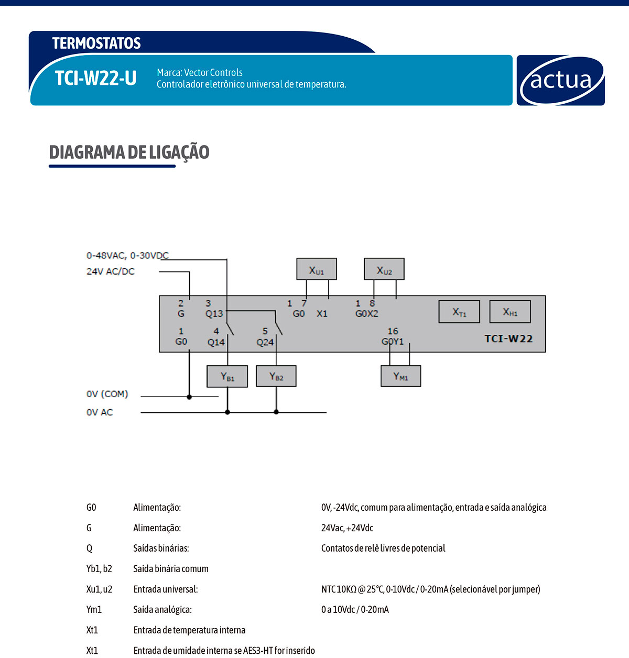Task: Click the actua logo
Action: (560, 80)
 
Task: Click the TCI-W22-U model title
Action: (95, 79)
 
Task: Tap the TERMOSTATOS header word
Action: (96, 43)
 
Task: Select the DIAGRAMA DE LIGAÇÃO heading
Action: (129, 152)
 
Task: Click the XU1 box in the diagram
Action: (317, 269)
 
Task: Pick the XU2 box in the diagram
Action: (384, 269)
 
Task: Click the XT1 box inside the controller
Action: (459, 312)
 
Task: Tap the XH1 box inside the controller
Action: (510, 312)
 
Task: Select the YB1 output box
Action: (227, 377)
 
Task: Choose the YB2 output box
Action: (276, 377)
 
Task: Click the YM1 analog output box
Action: (400, 376)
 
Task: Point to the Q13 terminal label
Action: (214, 314)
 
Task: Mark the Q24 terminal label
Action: (265, 342)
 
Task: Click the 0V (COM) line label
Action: (107, 394)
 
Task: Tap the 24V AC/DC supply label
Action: (111, 271)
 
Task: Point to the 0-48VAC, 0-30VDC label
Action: (127, 256)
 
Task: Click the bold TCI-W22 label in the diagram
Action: (508, 338)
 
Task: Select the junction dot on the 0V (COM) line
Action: (189, 397)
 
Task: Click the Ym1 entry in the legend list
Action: (94, 609)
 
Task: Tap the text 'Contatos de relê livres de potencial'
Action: (383, 548)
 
